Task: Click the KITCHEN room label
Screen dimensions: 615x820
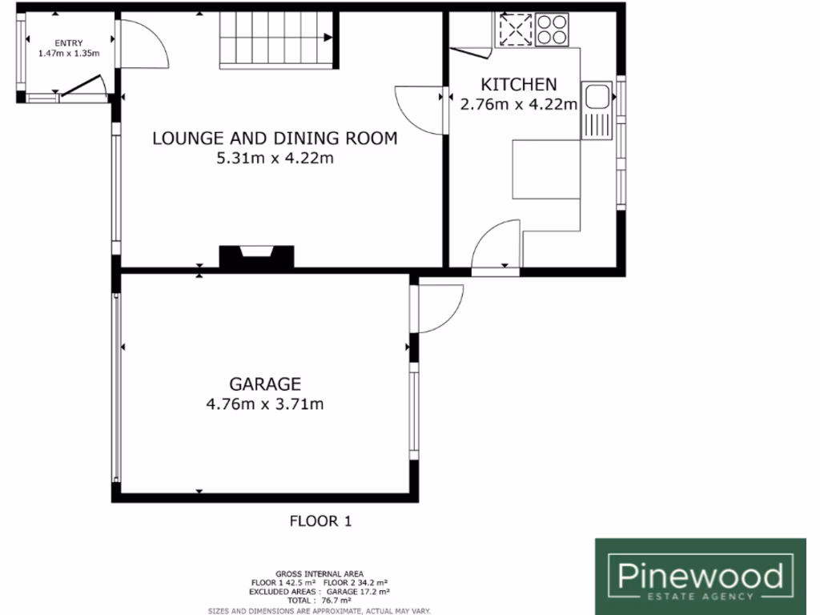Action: coord(517,84)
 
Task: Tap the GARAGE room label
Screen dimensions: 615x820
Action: coord(264,384)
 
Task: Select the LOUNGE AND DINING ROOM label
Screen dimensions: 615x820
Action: coord(275,139)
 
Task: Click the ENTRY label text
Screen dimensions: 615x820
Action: coord(68,43)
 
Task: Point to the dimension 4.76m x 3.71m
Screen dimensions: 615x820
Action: coord(264,404)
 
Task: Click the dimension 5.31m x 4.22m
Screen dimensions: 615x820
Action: coord(275,159)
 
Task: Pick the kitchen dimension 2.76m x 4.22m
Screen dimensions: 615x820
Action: coord(518,103)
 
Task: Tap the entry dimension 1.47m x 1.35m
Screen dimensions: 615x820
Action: coord(68,54)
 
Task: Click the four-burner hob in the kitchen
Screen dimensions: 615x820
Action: coord(552,30)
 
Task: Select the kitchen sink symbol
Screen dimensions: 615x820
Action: coord(597,97)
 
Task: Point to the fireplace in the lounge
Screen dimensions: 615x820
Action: coord(257,255)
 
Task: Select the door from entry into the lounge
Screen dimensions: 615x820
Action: coord(143,44)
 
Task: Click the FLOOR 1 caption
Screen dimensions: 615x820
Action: coord(320,521)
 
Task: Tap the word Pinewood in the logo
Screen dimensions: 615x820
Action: coord(700,574)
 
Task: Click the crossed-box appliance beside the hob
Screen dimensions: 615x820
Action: coord(515,30)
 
